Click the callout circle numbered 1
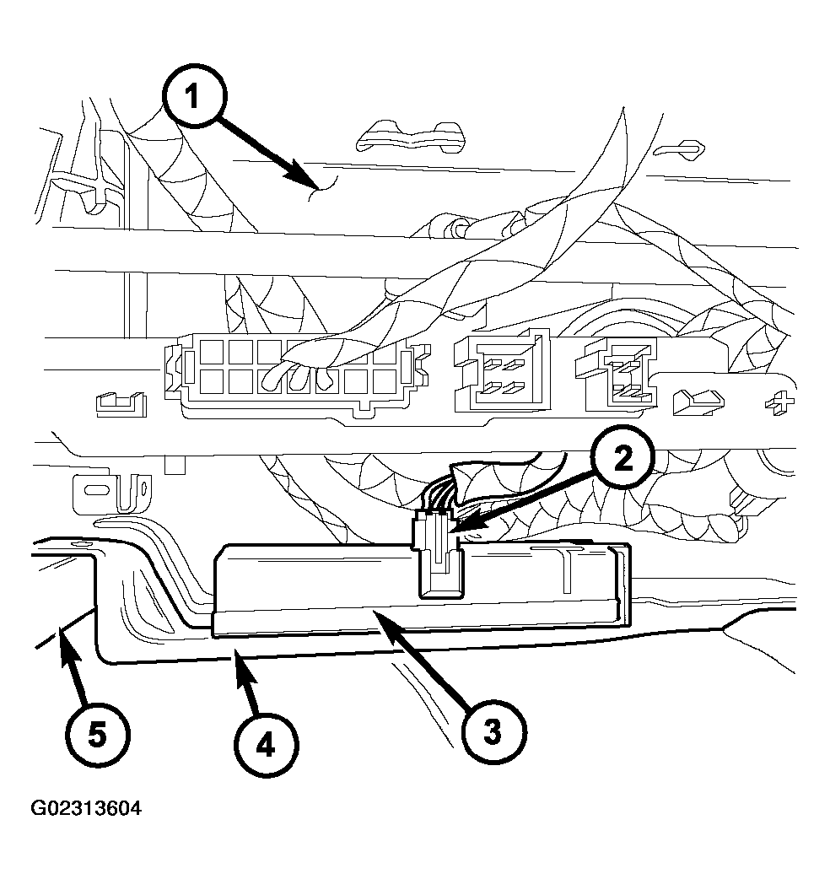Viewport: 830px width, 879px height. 193,96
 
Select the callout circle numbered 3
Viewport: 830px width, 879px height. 493,731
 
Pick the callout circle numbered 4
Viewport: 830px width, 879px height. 266,746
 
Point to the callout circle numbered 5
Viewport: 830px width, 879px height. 98,735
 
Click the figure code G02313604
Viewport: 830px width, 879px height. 86,808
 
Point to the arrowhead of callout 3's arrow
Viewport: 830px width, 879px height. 386,623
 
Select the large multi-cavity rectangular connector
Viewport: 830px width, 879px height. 297,375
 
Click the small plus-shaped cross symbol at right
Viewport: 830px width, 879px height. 779,402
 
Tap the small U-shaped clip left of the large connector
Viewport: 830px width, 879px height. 121,403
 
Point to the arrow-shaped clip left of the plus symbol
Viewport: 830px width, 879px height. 698,402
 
